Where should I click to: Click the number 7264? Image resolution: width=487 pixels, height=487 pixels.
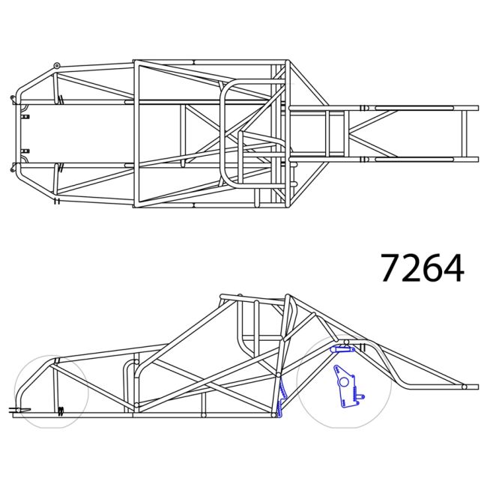422,267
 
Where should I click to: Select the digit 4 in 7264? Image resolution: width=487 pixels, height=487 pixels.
453,268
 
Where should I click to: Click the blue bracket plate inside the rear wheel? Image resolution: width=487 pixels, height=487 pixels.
346,387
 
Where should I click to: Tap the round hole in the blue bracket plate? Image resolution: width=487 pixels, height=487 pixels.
343,381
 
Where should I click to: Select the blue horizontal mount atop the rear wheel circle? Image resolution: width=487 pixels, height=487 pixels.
343,349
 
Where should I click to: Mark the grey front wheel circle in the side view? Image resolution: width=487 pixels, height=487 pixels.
51,391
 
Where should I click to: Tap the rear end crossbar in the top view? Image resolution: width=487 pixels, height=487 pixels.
464,134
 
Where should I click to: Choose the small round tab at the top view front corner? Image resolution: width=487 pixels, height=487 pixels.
57,66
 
